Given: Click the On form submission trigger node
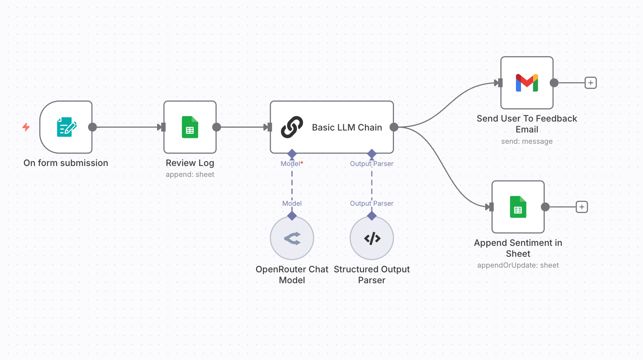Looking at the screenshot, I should point(66,127).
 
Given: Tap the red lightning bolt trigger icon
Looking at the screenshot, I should point(26,127).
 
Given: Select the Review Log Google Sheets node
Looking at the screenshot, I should point(190,127).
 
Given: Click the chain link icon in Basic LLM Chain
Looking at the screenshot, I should point(292,127).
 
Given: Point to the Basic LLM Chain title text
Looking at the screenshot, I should point(347,127).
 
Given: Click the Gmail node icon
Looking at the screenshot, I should point(527,83).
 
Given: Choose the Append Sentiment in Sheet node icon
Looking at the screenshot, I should point(518,207).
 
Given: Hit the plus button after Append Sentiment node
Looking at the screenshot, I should point(582,207).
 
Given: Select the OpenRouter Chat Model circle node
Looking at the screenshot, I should point(292,238).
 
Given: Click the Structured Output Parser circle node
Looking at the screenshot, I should point(372,238).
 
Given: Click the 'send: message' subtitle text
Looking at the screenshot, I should point(527,141).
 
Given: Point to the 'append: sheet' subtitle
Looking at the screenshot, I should point(190,175).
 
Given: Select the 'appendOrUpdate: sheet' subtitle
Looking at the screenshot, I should point(518,265).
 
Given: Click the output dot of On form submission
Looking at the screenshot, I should point(92,127).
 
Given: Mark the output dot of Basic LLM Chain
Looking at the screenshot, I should point(394,127).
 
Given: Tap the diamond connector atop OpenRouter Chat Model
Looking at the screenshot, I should point(292,215).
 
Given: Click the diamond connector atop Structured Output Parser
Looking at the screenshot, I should point(372,215).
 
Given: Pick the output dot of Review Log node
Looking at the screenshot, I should point(217,127).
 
